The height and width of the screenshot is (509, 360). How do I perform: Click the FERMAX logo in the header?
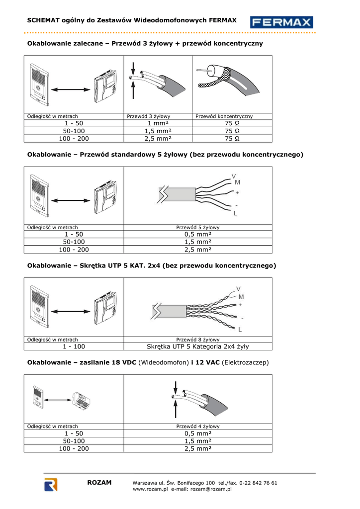tap(282, 22)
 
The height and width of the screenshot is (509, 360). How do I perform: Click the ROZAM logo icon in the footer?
tap(51, 485)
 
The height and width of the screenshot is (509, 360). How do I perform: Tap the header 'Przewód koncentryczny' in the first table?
tap(224, 116)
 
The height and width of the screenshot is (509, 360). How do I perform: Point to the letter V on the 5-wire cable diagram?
tap(234, 176)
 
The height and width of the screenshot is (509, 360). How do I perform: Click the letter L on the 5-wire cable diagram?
tap(235, 213)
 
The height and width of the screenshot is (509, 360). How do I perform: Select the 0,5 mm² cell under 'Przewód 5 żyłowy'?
tap(198, 234)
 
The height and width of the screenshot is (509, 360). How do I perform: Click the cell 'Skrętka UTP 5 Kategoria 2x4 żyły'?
tap(198, 346)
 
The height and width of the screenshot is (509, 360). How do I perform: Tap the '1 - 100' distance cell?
tap(74, 346)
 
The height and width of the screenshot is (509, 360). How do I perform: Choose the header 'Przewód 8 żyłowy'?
tap(198, 339)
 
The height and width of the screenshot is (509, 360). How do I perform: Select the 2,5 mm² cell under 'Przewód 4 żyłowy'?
tap(198, 448)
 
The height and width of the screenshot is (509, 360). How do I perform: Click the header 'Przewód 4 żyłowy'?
tap(198, 426)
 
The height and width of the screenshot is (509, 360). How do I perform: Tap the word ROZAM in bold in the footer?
tap(99, 483)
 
